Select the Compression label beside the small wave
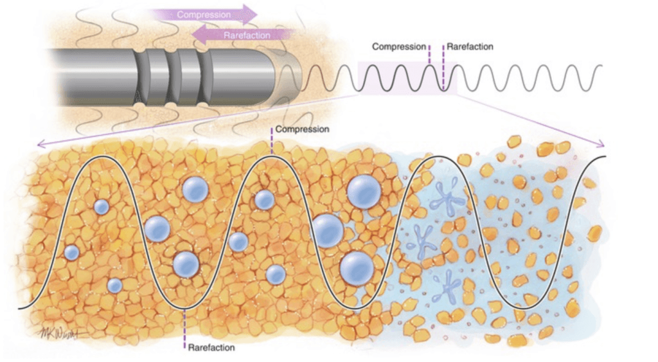(x=399, y=46)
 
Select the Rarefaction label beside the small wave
(x=470, y=46)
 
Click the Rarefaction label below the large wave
(x=211, y=348)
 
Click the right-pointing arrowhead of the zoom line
(x=601, y=143)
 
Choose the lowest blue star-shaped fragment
(x=447, y=286)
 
